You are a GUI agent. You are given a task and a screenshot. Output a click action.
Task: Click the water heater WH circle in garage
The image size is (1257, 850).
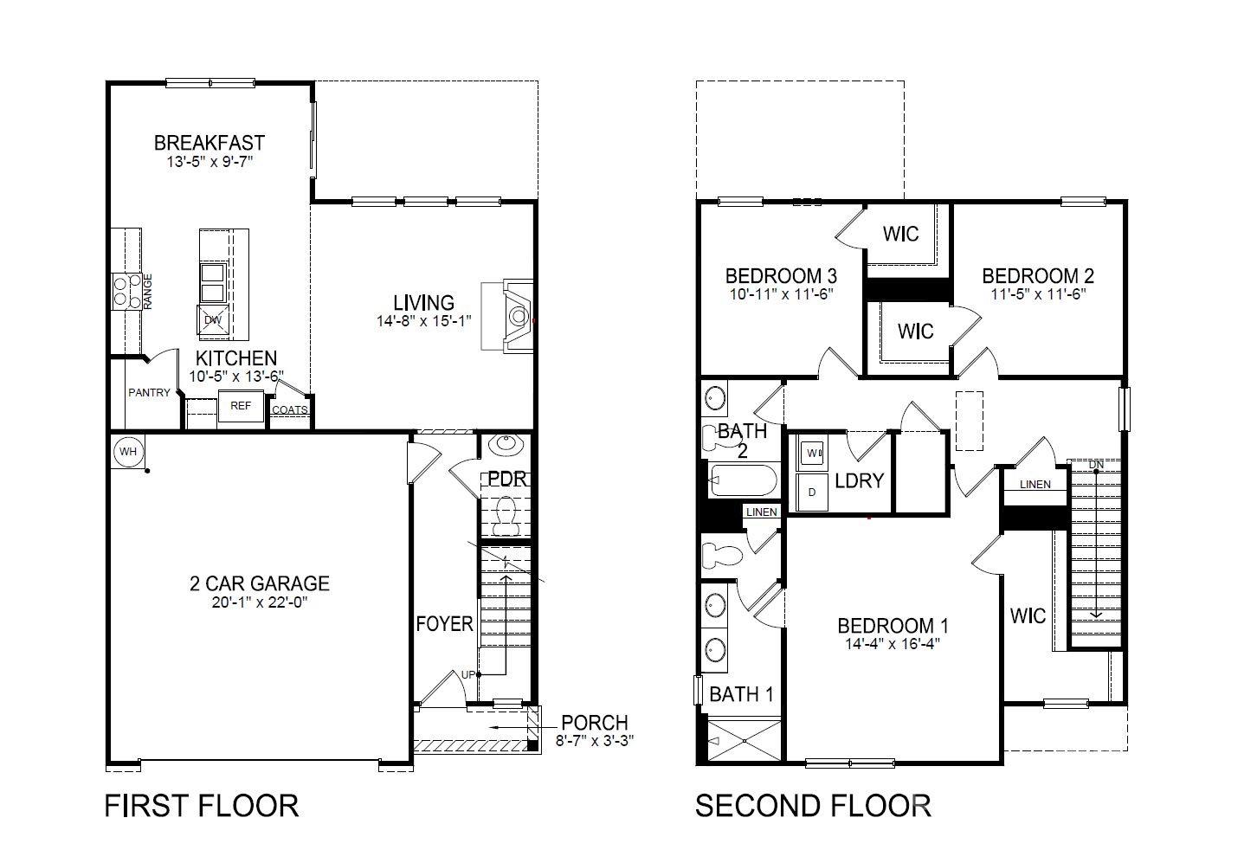[128, 452]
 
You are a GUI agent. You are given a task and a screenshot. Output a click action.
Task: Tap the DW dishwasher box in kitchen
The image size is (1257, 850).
[213, 320]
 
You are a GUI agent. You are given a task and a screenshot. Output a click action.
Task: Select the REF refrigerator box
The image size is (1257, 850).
[241, 406]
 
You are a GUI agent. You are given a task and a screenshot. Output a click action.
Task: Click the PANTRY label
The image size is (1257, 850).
[149, 393]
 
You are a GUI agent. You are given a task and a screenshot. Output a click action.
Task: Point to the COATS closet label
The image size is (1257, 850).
[289, 409]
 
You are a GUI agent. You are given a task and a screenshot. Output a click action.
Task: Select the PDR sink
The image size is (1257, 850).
[506, 444]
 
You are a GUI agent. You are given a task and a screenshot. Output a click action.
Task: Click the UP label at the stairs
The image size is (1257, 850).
[468, 674]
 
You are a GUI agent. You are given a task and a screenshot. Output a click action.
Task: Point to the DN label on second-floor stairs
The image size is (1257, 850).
[1096, 465]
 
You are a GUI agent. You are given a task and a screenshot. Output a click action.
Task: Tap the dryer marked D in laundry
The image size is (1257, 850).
[812, 492]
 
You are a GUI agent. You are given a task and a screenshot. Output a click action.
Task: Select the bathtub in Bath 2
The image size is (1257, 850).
[743, 480]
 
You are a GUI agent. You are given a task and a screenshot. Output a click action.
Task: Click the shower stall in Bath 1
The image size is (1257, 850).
[745, 741]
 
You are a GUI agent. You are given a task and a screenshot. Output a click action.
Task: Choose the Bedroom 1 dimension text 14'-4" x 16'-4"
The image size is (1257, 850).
[893, 643]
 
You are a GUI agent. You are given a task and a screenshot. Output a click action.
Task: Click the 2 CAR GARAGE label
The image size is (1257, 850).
[259, 583]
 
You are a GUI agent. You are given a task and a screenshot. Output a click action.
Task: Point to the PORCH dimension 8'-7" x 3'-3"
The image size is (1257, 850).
[595, 741]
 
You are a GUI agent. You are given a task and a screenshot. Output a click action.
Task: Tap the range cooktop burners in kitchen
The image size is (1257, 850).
[126, 291]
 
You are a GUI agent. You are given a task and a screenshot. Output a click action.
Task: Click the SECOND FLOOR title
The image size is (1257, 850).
[813, 806]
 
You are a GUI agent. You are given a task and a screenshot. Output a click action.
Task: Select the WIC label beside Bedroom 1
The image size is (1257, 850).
[1028, 616]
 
